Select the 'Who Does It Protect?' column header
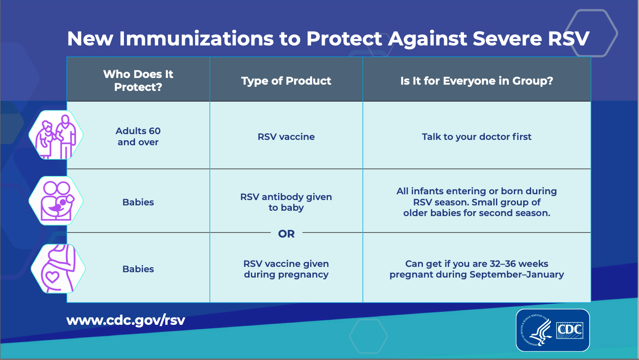pos(138,81)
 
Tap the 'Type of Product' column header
pos(286,81)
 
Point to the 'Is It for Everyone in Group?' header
pos(477,81)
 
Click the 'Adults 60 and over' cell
pos(138,136)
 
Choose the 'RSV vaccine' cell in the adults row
pos(286,137)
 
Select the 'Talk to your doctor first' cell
pos(477,137)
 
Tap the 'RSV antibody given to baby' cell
pos(286,202)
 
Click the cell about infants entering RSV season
pos(477,202)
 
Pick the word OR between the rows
pos(286,234)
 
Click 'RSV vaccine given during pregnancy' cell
pos(286,269)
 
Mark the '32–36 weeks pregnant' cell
pos(477,269)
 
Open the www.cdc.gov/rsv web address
pos(126,320)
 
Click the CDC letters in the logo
pos(569,330)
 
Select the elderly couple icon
pos(56,135)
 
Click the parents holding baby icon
pos(56,201)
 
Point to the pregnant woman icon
pos(58,269)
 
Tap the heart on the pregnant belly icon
pos(52,276)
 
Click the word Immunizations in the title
pos(196,38)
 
